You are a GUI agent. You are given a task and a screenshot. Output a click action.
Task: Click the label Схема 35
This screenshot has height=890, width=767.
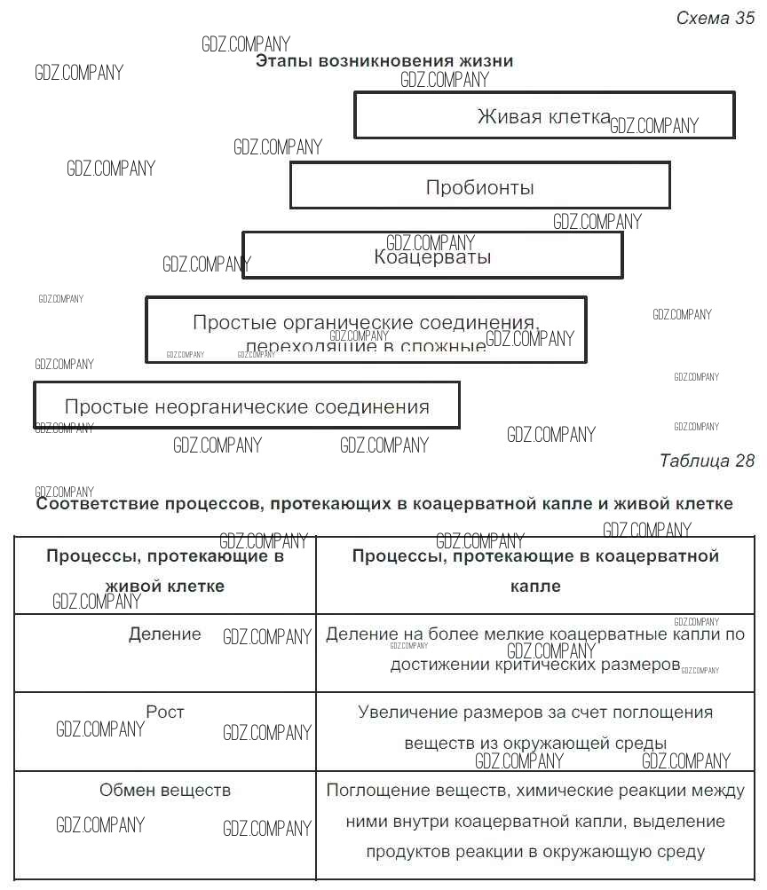pos(715,19)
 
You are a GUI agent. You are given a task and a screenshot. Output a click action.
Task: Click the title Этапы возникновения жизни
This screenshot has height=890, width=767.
pos(384,61)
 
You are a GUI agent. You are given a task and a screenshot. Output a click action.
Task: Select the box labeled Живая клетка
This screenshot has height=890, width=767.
pos(544,115)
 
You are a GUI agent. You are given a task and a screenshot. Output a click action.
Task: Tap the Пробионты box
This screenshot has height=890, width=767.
pos(479,186)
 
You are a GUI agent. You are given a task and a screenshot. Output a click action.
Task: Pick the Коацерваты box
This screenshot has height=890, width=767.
pos(432,256)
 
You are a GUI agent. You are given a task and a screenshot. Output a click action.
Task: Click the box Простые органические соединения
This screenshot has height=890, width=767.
pos(366,330)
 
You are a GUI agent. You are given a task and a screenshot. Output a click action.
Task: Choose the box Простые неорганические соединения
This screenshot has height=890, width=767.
pos(246,406)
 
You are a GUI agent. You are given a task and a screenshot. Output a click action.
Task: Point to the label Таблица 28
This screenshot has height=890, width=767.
pos(707,461)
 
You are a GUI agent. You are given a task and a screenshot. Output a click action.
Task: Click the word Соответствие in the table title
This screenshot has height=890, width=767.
pos(99,503)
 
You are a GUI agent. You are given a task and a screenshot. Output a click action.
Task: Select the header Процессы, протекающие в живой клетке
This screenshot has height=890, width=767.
pos(165,571)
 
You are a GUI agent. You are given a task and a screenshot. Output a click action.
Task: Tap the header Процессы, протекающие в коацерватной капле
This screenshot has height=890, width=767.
pos(535,571)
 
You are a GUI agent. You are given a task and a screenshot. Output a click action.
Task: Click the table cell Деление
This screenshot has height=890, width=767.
pos(165,634)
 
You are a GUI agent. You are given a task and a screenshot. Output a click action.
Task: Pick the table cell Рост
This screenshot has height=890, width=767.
pos(165,712)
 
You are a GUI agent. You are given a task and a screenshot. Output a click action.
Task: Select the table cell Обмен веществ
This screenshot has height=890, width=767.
pos(165,790)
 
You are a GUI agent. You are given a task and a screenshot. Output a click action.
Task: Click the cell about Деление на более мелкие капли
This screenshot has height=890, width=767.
pos(535,650)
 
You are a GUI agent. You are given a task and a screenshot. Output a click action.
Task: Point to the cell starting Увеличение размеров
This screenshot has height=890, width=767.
pos(535,728)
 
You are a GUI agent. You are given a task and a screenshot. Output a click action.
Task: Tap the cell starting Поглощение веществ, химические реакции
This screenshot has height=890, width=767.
pos(535,821)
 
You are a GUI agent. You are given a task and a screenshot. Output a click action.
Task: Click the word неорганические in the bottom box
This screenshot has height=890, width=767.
pos(232,407)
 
